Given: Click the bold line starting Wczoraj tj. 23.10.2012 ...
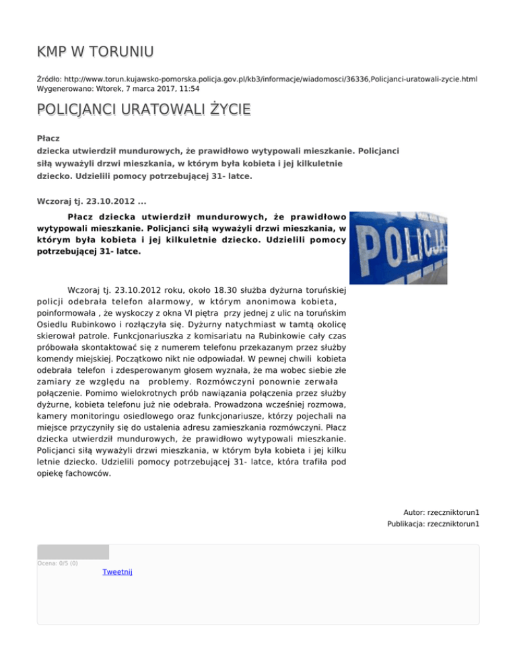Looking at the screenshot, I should (91, 200).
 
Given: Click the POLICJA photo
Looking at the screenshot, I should (399, 248).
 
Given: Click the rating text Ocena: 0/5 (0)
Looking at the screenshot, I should (57, 563).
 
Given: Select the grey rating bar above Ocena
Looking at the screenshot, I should (73, 552).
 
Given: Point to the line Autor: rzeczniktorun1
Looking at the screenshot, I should (441, 512).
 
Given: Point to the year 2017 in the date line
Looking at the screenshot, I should (182, 88).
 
